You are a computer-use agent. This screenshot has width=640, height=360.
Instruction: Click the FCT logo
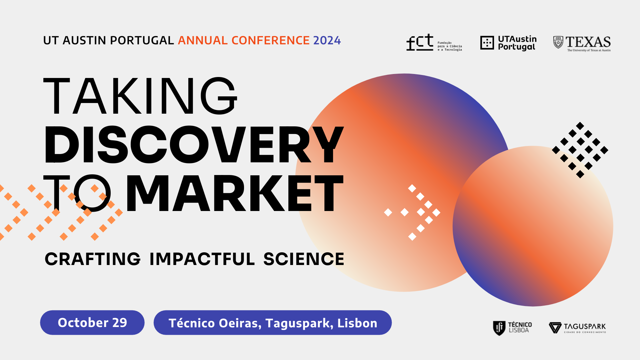pyautogui.click(x=434, y=43)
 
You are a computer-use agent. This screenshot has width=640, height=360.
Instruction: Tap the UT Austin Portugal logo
pyautogui.click(x=508, y=43)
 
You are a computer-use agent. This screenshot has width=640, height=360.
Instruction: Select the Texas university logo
pyautogui.click(x=582, y=44)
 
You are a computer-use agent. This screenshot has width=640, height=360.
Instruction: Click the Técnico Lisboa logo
pyautogui.click(x=512, y=328)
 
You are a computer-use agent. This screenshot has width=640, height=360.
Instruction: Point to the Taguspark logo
pyautogui.click(x=577, y=328)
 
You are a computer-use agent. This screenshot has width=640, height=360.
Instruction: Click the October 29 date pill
pyautogui.click(x=92, y=323)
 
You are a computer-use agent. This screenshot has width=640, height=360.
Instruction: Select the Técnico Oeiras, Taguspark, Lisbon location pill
pyautogui.click(x=273, y=323)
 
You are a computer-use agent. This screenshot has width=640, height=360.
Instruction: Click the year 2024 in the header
pyautogui.click(x=327, y=40)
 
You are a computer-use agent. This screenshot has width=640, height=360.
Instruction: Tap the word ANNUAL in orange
pyautogui.click(x=203, y=40)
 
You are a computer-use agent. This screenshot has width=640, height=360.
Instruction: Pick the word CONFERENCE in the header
pyautogui.click(x=271, y=40)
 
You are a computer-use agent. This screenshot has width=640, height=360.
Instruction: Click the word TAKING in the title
pyautogui.click(x=140, y=96)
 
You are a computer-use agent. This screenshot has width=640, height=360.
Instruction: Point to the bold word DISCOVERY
pyautogui.click(x=194, y=145)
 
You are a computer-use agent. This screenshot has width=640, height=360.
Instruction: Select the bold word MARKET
pyautogui.click(x=235, y=193)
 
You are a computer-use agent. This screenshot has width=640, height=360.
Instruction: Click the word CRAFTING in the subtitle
pyautogui.click(x=93, y=259)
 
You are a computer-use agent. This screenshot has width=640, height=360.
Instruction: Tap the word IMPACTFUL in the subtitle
pyautogui.click(x=202, y=259)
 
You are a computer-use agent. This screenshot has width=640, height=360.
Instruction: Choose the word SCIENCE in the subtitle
pyautogui.click(x=304, y=259)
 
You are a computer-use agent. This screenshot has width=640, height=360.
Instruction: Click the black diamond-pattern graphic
pyautogui.click(x=580, y=150)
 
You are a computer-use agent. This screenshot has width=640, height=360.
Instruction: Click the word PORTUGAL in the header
pyautogui.click(x=142, y=40)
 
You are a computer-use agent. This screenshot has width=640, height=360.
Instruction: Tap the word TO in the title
pyautogui.click(x=77, y=193)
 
